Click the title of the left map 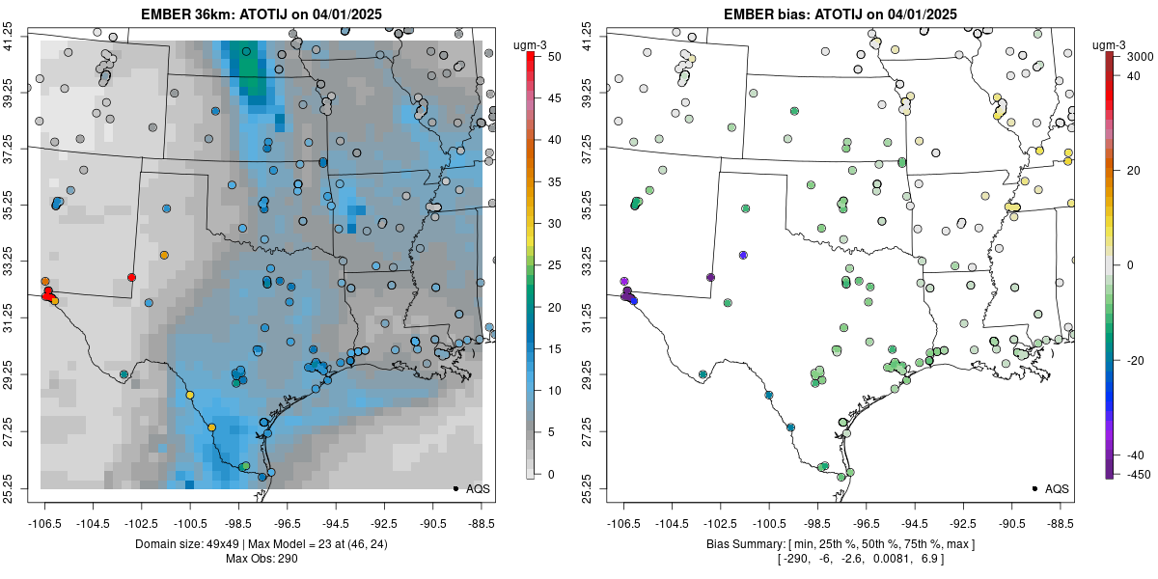[261, 14]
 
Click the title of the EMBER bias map [841, 14]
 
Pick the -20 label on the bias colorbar [1131, 360]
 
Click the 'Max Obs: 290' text [261, 559]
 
